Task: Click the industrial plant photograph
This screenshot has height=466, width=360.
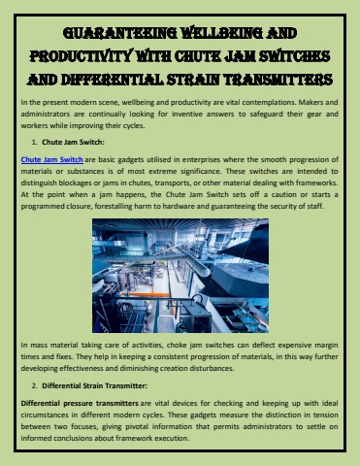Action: point(180,276)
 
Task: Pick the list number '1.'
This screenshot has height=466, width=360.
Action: point(35,142)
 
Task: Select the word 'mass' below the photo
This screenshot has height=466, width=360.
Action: point(39,346)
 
